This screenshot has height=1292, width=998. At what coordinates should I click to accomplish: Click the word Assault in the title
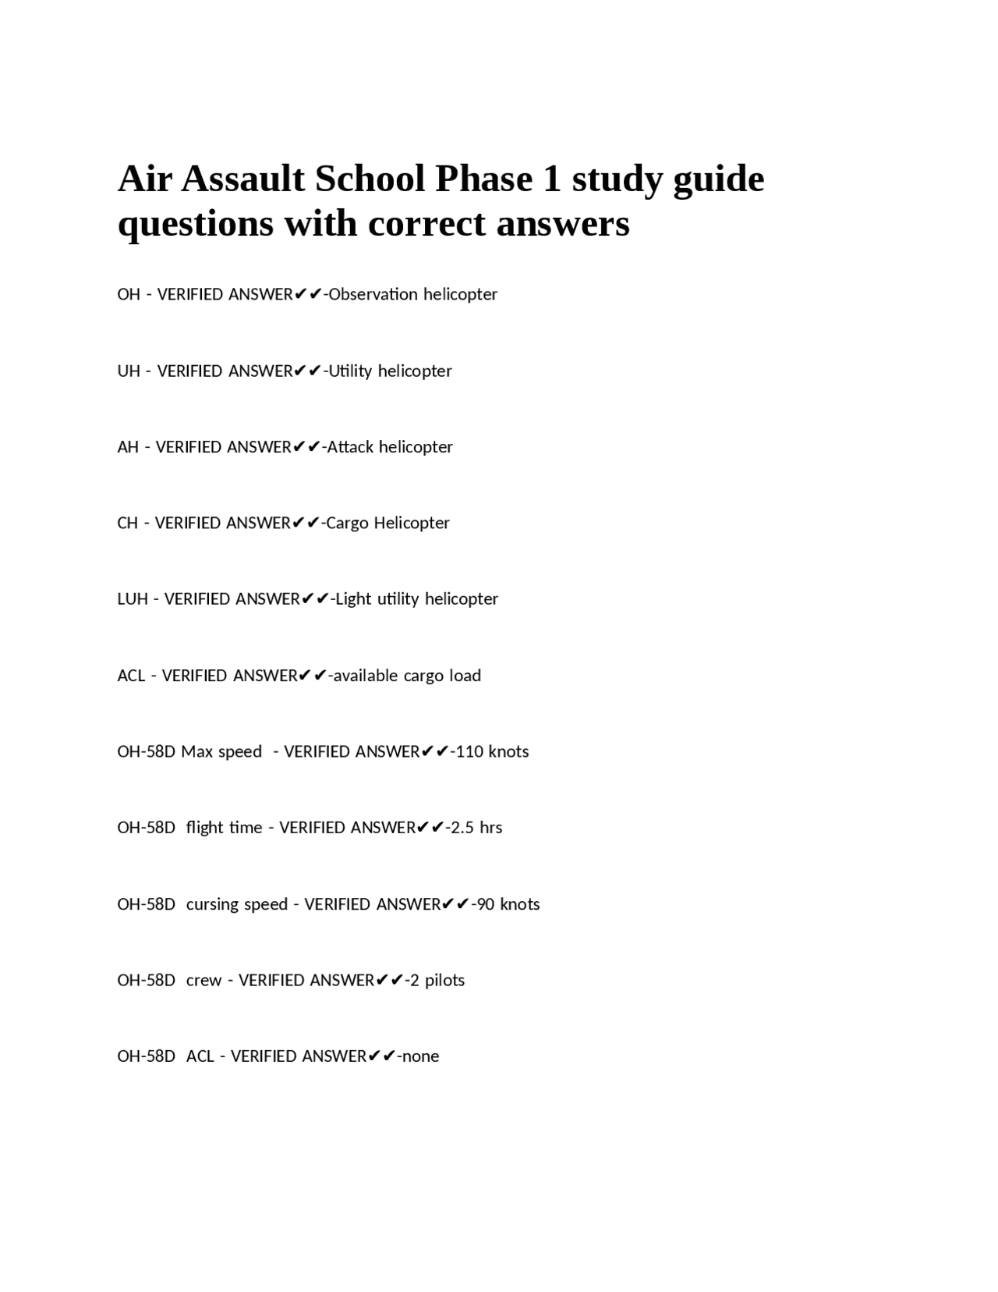243,179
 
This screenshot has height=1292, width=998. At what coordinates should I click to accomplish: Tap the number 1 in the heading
551,179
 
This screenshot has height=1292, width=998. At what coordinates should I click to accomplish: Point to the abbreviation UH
129,371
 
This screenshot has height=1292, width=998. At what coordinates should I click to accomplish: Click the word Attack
349,447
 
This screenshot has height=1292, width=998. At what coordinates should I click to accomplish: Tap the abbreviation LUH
133,599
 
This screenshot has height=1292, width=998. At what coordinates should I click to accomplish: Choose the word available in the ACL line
366,676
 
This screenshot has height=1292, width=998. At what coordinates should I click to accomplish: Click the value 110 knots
492,751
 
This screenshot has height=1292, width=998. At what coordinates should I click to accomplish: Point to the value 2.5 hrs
476,828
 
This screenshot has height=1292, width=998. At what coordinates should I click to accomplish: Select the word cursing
212,904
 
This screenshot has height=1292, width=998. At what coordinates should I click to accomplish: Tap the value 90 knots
508,904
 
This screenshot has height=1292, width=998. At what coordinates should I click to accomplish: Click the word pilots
444,980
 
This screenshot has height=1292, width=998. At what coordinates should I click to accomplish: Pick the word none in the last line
421,1056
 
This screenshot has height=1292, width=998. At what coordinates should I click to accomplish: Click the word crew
203,980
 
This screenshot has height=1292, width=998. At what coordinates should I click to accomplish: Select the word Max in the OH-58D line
196,751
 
